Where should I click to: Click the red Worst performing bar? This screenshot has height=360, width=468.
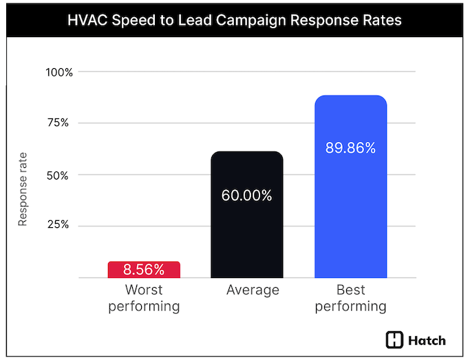144,269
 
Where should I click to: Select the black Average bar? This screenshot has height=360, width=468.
247,214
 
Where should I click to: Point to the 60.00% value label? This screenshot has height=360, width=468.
247,195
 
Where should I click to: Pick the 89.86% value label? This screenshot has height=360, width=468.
350,148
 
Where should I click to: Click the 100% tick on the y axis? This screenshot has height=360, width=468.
59,72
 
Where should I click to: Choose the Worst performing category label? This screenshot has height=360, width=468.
144,297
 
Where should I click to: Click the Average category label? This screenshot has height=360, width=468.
253,290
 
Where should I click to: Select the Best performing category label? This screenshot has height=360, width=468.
351,297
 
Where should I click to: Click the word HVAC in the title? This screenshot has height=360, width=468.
87,21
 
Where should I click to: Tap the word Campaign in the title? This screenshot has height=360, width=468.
261,21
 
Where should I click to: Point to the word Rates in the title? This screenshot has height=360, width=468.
382,21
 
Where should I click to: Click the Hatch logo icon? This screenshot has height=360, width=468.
395,340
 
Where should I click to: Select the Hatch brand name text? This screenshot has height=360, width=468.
427,340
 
